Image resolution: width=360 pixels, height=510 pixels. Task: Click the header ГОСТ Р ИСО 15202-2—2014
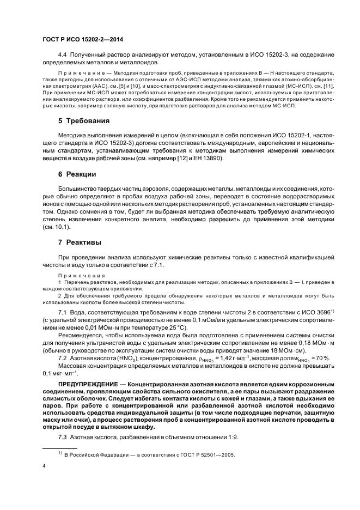click(79, 39)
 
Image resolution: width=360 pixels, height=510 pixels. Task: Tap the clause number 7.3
click(62, 438)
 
